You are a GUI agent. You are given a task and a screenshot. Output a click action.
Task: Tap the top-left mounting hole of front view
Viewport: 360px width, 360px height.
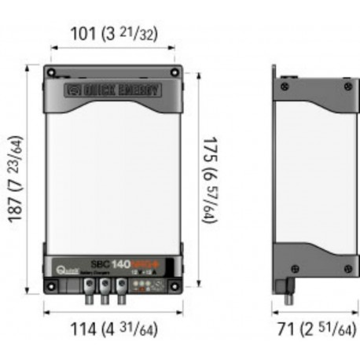point(52,74)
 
